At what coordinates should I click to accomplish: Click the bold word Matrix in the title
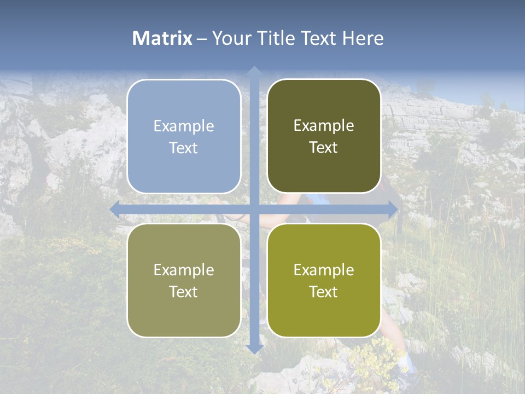(162, 38)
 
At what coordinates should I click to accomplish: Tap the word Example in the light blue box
(184, 126)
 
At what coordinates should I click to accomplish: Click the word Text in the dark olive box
(324, 148)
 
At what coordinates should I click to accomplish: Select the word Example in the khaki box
(184, 270)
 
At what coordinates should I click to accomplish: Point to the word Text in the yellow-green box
(324, 292)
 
